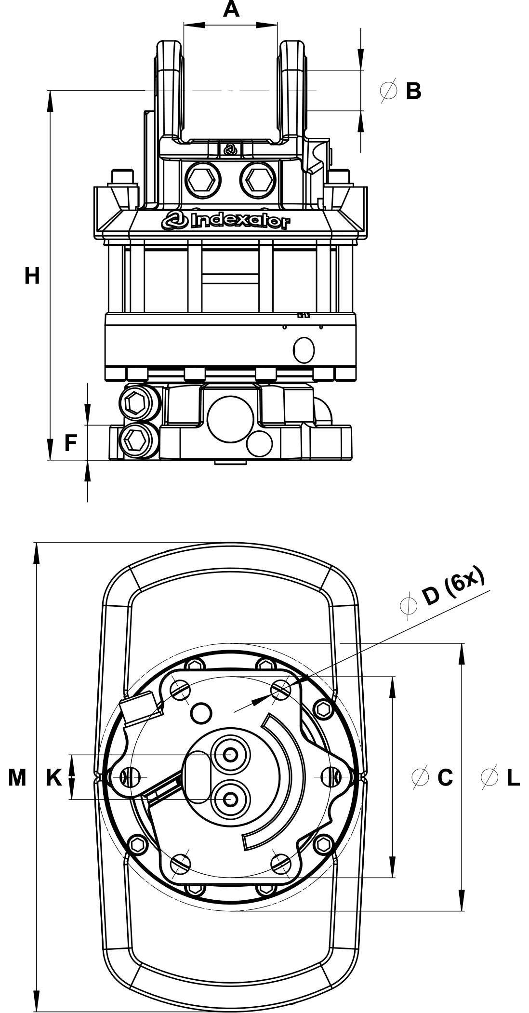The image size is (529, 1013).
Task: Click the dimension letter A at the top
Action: [231, 9]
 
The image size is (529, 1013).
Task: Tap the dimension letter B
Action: [413, 91]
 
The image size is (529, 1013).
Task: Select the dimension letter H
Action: [32, 277]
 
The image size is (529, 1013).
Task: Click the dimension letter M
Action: [17, 777]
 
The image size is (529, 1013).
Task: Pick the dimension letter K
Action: [54, 777]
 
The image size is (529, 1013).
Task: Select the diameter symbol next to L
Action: [489, 777]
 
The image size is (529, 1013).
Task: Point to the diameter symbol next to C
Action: [421, 777]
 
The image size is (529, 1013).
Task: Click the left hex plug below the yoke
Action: [202, 181]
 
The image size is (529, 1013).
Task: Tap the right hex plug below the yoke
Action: [257, 181]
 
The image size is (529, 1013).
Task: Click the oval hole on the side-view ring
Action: [304, 350]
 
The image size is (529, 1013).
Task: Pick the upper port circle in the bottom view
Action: [232, 754]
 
